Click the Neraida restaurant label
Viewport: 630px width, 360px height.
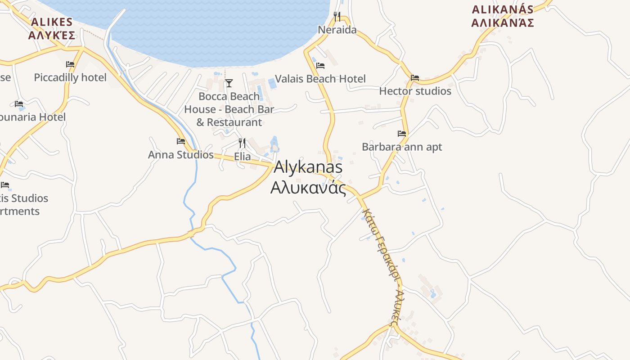tap(337, 30)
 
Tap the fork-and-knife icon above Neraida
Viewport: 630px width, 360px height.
tap(337, 17)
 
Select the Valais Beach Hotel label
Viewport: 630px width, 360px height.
tap(320, 79)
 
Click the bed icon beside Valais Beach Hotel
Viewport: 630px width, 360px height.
tap(320, 66)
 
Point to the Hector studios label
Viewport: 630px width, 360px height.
tap(415, 91)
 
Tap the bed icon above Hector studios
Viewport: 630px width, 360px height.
tap(415, 78)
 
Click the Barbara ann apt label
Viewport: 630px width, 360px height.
tap(402, 147)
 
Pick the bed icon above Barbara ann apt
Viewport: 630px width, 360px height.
tap(402, 134)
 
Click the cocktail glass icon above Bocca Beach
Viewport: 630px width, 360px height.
tap(229, 83)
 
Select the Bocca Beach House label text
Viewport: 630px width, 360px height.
tap(229, 109)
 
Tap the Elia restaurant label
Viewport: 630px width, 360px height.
tap(242, 157)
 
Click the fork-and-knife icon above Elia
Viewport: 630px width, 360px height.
tap(242, 144)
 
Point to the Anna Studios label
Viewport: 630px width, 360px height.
tap(181, 155)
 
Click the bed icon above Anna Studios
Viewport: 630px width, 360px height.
tap(181, 141)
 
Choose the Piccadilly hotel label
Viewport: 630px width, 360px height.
tap(70, 78)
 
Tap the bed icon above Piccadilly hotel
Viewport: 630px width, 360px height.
tap(70, 64)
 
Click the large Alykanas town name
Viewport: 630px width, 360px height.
tap(308, 167)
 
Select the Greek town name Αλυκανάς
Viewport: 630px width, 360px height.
tap(308, 188)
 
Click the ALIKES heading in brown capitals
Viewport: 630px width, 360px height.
tap(51, 22)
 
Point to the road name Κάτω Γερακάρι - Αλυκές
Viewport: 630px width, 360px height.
tap(381, 265)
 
